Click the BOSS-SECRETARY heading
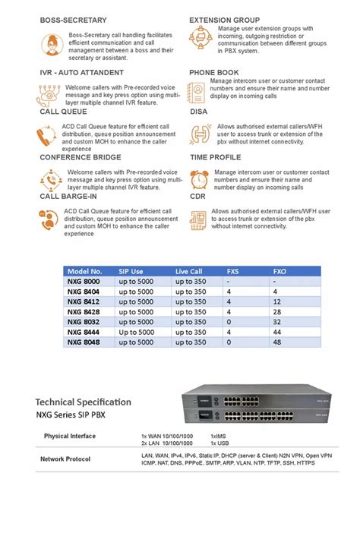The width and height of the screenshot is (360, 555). (73, 20)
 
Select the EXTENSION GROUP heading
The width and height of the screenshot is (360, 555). (224, 20)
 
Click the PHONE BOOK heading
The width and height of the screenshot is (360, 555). (213, 72)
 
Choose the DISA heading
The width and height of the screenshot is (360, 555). (198, 112)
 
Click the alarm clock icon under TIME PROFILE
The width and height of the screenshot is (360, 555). (199, 179)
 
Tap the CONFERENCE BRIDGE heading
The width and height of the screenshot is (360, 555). (80, 157)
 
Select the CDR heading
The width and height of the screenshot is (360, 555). (197, 196)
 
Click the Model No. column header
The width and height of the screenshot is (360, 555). (84, 271)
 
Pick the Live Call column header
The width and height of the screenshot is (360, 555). (189, 271)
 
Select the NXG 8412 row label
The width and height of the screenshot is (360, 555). (83, 301)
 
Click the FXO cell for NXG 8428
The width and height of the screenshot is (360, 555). (278, 311)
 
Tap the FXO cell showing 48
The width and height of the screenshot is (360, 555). (278, 342)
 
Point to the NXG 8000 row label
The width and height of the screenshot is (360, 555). (83, 281)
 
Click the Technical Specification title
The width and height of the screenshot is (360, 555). (83, 402)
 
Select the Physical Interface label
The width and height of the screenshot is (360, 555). (70, 436)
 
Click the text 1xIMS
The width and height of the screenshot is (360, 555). (219, 436)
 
